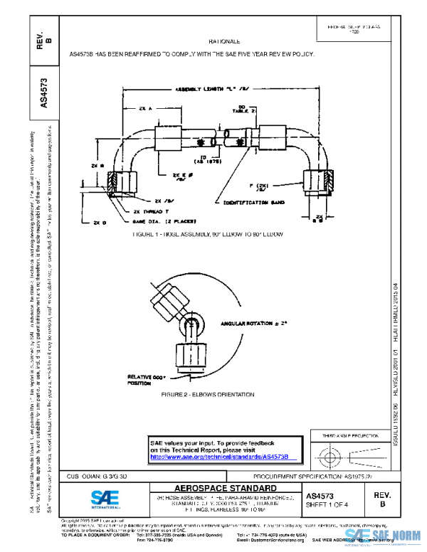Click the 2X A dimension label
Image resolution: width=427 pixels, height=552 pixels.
tap(146, 108)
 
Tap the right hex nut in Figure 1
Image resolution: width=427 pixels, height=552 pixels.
tap(319, 183)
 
